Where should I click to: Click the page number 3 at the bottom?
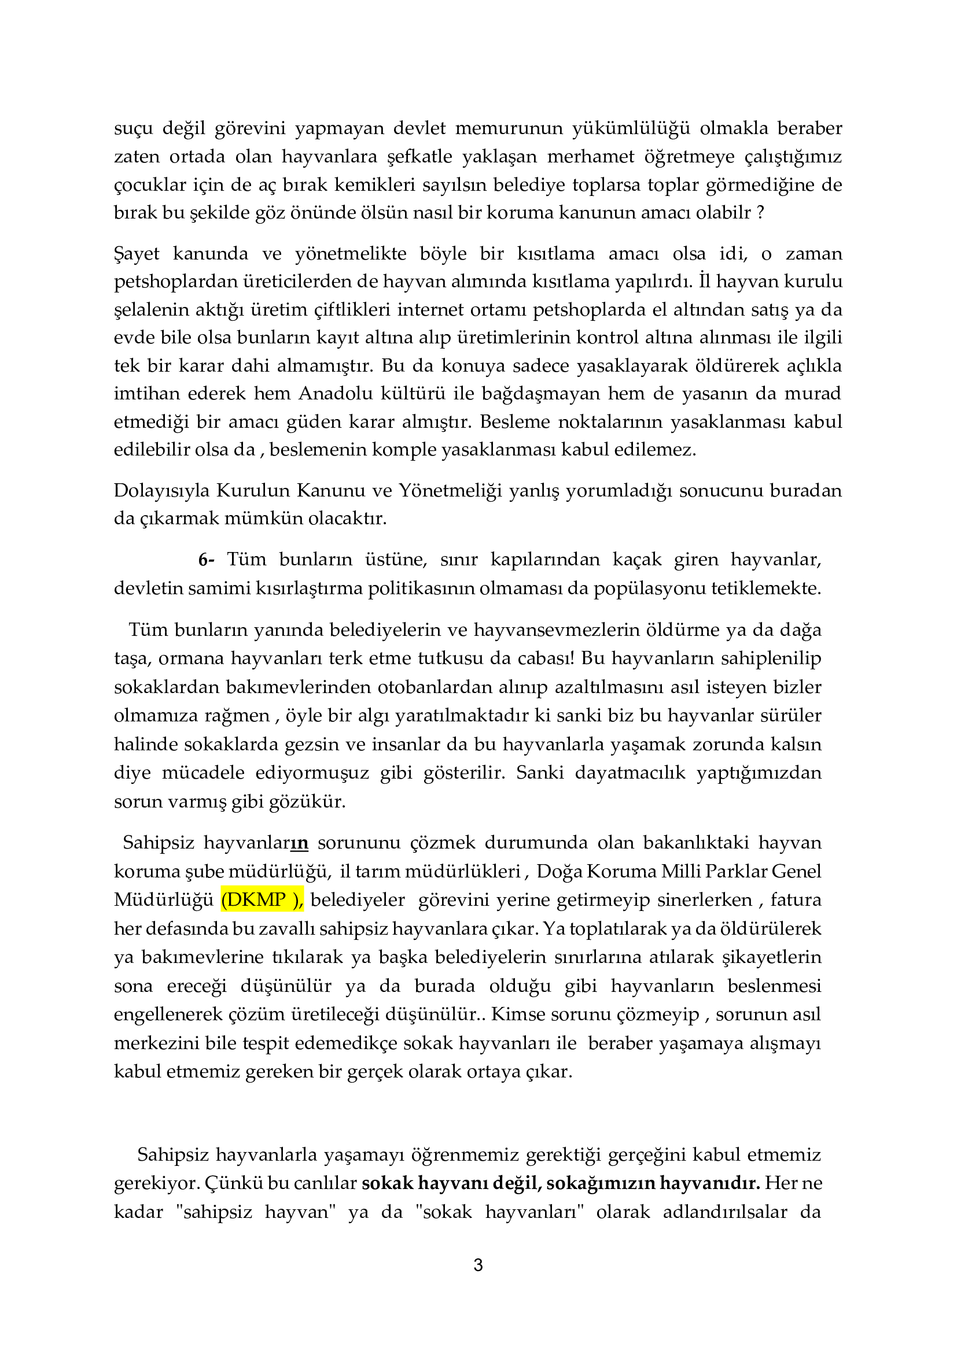[x=478, y=1265]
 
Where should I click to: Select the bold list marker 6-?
[x=206, y=560]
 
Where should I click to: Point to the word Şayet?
[x=136, y=254]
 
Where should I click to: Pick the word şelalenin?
[x=150, y=310]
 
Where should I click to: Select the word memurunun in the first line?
[x=509, y=128]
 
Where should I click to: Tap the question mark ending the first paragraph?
[x=760, y=213]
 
